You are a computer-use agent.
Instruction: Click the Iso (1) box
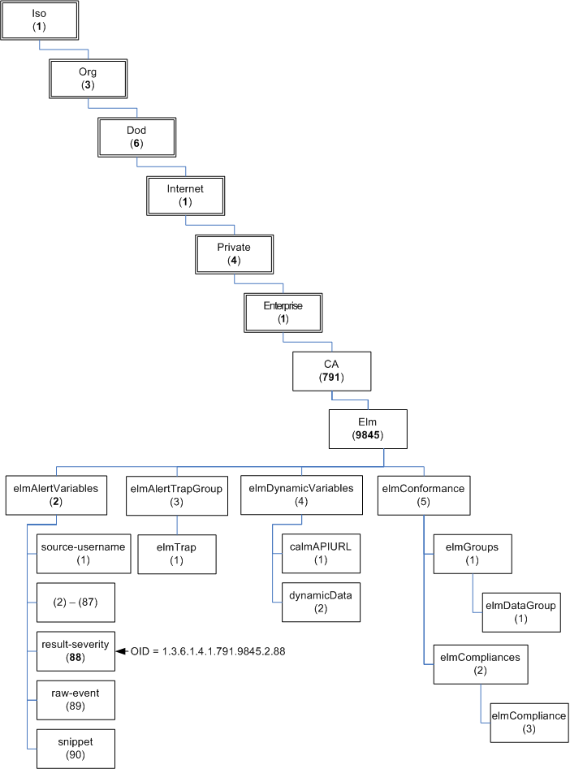pyautogui.click(x=39, y=20)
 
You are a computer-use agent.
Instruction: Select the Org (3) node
pyautogui.click(x=88, y=78)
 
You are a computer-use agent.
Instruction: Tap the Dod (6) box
pyautogui.click(x=136, y=137)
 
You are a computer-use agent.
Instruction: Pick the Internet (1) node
pyautogui.click(x=185, y=195)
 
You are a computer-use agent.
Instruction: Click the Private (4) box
pyautogui.click(x=234, y=253)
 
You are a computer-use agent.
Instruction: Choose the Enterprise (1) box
pyautogui.click(x=283, y=312)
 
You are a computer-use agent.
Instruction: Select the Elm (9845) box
pyautogui.click(x=368, y=429)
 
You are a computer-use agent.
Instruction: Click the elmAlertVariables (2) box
pyautogui.click(x=56, y=495)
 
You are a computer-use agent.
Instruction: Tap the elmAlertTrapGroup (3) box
pyautogui.click(x=176, y=495)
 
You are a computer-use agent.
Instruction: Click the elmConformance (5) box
pyautogui.click(x=423, y=495)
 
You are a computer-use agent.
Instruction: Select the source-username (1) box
pyautogui.click(x=83, y=553)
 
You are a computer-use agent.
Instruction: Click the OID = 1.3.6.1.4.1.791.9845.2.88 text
pyautogui.click(x=208, y=650)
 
